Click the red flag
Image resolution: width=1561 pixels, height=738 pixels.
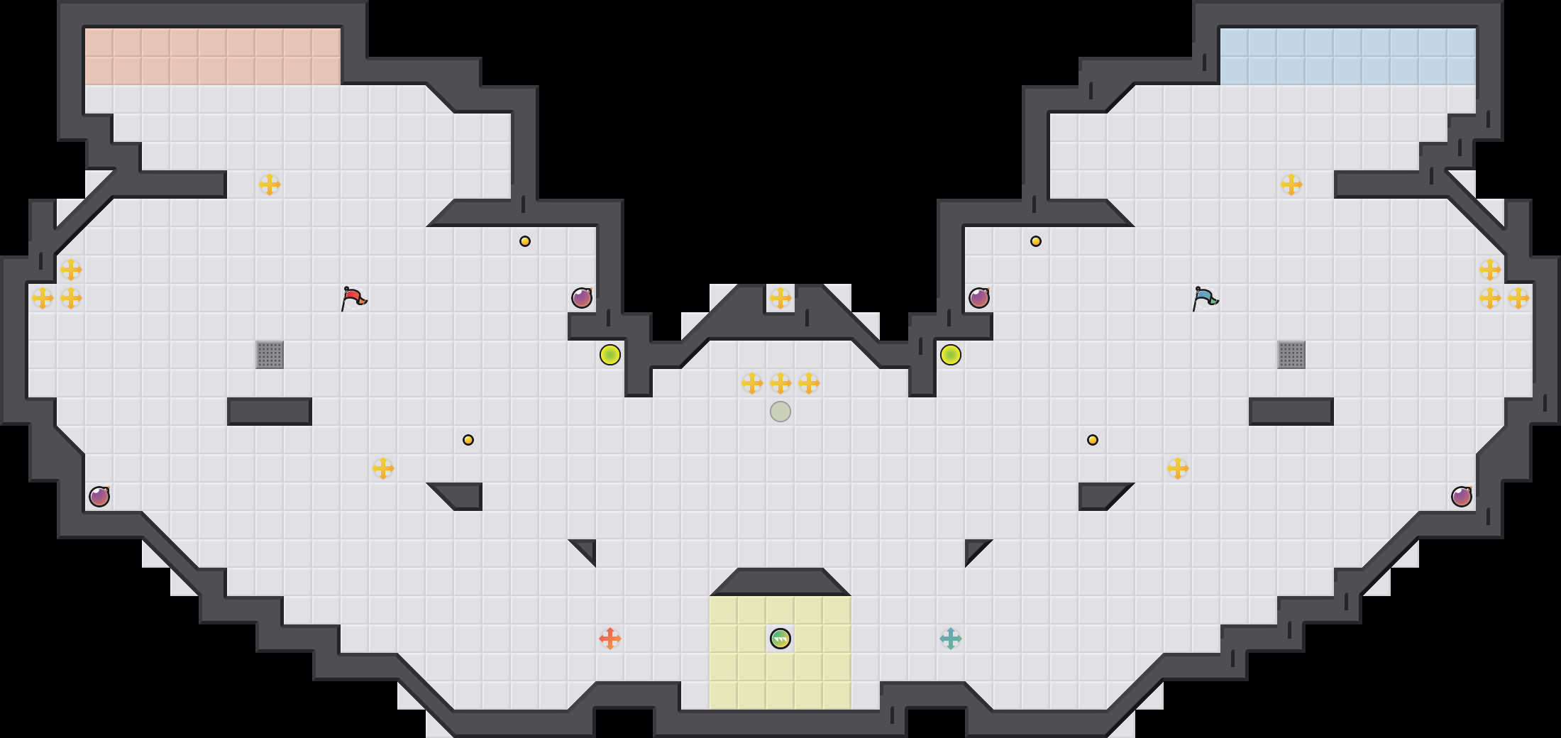[353, 298]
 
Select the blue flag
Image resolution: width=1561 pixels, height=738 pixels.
[1205, 298]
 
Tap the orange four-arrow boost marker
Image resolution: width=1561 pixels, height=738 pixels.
[610, 639]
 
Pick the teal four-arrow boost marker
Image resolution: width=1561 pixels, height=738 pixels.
[951, 639]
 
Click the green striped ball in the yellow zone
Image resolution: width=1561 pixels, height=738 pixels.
[780, 639]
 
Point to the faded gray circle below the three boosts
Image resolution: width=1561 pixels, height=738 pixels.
[780, 412]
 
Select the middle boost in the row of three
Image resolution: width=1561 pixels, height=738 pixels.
[780, 383]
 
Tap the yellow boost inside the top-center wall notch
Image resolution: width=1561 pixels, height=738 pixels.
[780, 298]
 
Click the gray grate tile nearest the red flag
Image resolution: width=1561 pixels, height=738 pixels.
[270, 355]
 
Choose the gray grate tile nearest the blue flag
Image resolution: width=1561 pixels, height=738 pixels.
[1291, 355]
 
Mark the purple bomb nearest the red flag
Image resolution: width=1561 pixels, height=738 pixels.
[582, 298]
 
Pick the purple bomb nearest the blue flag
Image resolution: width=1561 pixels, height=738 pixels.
[979, 298]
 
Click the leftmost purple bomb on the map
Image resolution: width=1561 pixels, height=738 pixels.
[99, 497]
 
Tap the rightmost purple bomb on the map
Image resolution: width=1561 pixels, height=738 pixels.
[1462, 497]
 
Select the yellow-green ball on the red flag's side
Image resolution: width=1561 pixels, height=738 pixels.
[610, 355]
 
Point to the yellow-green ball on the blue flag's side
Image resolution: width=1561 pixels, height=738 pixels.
[951, 355]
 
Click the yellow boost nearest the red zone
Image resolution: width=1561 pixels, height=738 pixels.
[270, 184]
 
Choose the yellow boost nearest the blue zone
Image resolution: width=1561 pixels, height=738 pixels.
[1291, 184]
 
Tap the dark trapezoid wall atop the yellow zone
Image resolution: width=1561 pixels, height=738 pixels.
[780, 582]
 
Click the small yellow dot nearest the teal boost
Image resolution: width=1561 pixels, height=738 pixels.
[1093, 440]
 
